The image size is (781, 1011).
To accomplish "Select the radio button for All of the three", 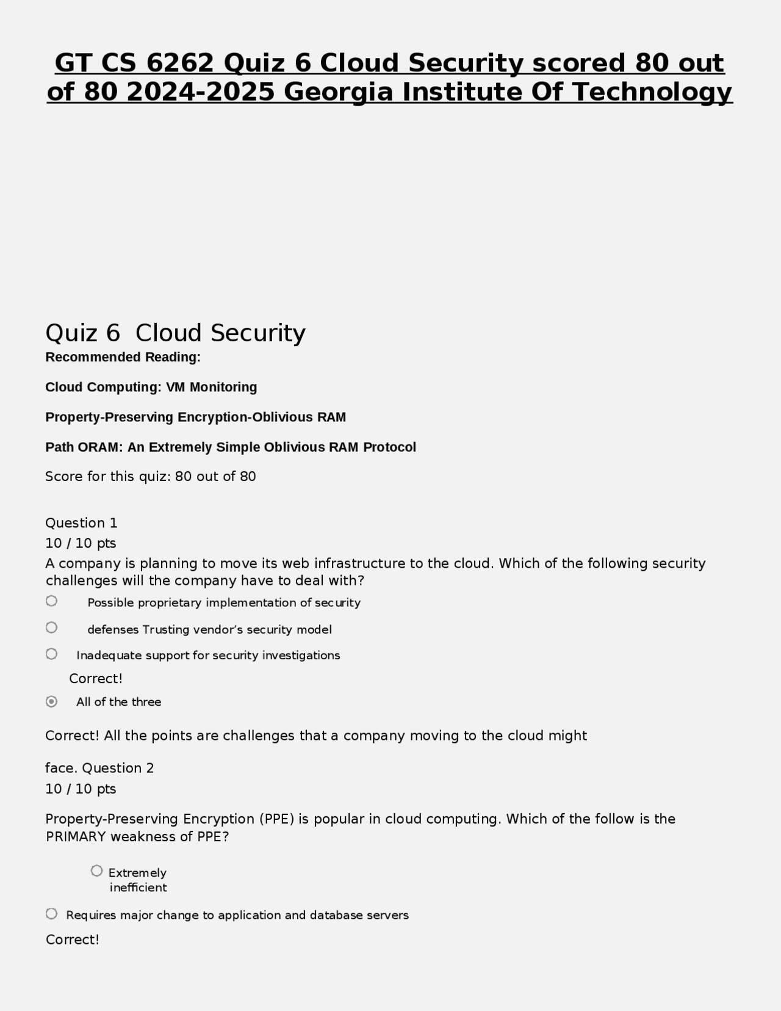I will [52, 701].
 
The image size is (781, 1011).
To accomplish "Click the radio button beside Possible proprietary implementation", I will [52, 601].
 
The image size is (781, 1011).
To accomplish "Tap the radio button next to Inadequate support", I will [52, 654].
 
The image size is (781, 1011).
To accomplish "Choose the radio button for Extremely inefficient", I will [96, 871].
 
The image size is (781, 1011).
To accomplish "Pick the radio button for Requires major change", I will [52, 914].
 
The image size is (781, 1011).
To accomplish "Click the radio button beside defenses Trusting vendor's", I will [52, 628].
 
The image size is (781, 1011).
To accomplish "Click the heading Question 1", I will [81, 523].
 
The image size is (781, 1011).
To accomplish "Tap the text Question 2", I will [118, 768].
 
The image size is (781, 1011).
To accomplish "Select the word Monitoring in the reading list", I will [223, 387].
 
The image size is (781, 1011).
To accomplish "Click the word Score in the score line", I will [64, 477].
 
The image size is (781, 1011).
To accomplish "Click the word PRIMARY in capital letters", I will [76, 837].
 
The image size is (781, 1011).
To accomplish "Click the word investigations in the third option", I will [301, 656].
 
